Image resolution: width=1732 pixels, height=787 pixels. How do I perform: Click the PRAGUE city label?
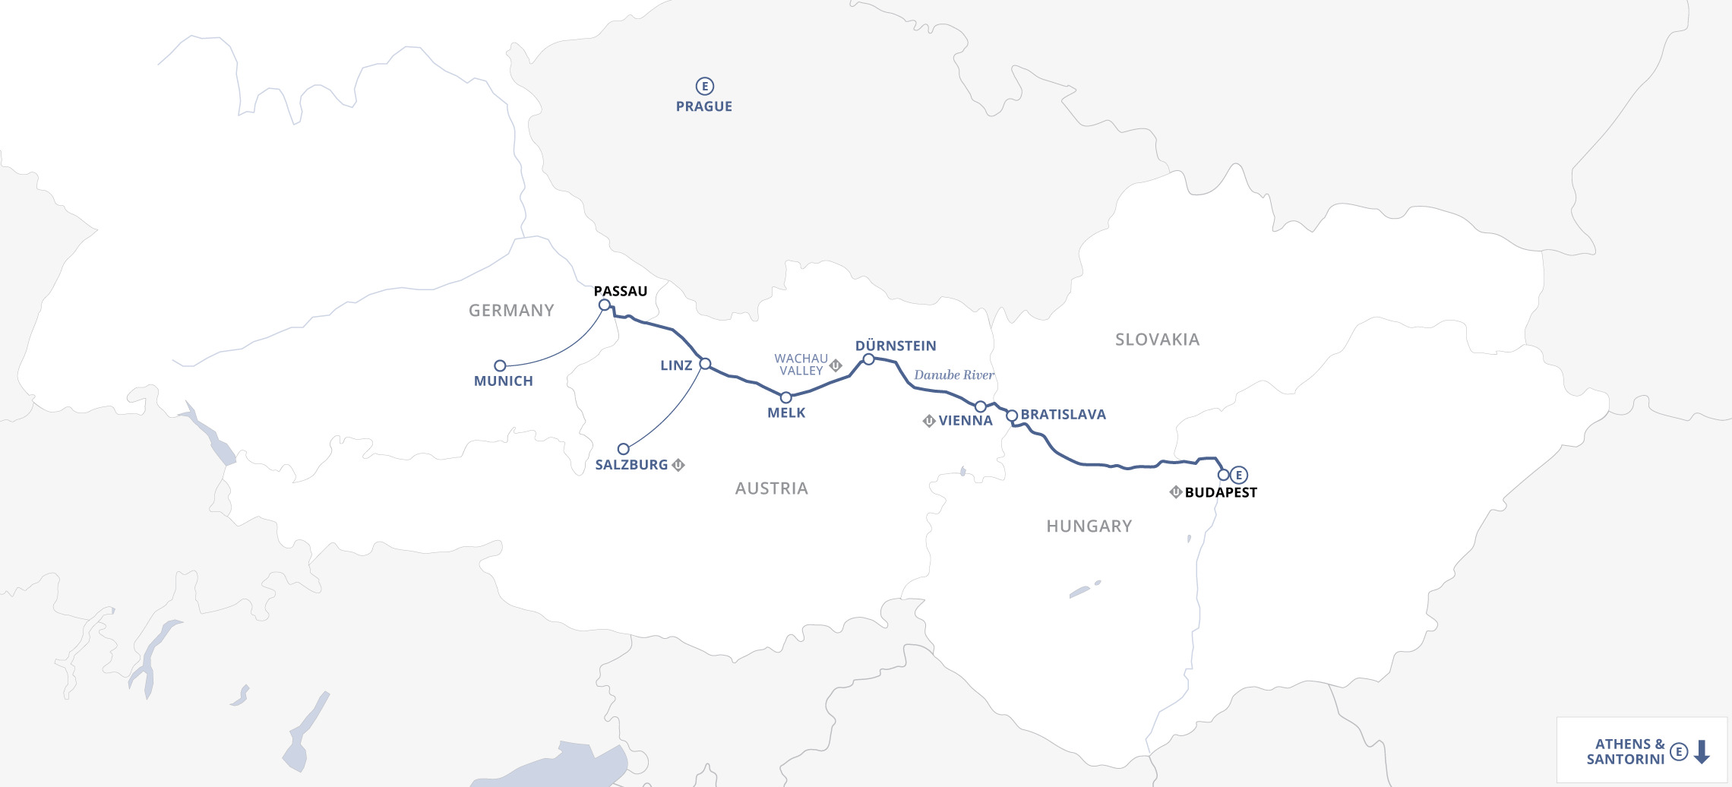click(x=703, y=106)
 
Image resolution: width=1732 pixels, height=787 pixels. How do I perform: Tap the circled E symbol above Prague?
click(x=704, y=86)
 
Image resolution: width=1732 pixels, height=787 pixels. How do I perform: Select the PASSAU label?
click(x=620, y=291)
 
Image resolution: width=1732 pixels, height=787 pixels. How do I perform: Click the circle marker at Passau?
click(x=605, y=305)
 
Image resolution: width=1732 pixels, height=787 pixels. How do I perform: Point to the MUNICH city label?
click(x=503, y=381)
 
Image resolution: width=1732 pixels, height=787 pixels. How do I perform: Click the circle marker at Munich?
click(x=500, y=365)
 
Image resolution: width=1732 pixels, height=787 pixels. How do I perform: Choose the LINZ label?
click(x=675, y=365)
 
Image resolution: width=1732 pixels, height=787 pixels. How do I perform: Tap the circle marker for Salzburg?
click(x=623, y=449)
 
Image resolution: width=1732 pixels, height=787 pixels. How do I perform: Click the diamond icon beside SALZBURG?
click(x=678, y=465)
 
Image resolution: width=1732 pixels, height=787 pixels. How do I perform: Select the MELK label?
click(x=785, y=412)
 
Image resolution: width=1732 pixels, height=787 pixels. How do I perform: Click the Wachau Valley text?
click(x=801, y=365)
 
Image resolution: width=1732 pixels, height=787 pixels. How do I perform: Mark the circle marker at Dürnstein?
click(x=868, y=359)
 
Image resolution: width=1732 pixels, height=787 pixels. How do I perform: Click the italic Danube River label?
click(x=953, y=375)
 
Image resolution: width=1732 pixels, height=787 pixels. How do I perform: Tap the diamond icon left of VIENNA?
click(x=928, y=421)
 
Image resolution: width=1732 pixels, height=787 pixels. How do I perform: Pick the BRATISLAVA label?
click(x=1063, y=414)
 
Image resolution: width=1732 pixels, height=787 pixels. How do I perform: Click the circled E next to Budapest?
click(x=1239, y=475)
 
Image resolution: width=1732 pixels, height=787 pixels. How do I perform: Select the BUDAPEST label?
click(x=1220, y=492)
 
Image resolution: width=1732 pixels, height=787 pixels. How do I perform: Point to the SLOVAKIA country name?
click(x=1157, y=340)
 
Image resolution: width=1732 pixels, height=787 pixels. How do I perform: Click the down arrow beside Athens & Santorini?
click(x=1702, y=752)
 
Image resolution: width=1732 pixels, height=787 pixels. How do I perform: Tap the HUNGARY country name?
click(x=1089, y=526)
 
